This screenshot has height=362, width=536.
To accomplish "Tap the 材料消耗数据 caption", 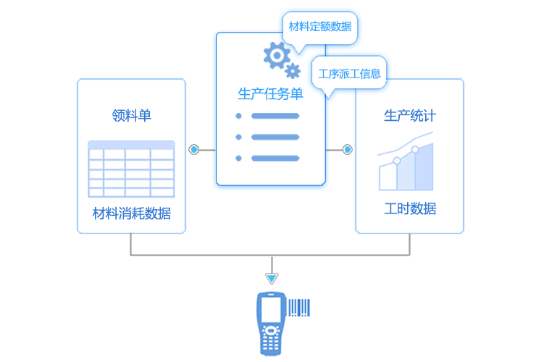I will (131, 214).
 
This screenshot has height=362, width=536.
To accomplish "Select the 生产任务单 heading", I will (270, 94).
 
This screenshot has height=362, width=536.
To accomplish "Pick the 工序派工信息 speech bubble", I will (349, 73).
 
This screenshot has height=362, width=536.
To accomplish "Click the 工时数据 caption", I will (409, 209).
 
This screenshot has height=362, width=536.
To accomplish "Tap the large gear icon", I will (275, 54).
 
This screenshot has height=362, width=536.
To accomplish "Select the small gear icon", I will (293, 70).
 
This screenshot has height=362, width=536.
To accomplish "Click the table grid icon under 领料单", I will (131, 169).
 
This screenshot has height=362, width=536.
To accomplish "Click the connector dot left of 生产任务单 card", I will (193, 150).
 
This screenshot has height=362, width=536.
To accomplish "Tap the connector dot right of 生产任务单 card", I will (347, 150).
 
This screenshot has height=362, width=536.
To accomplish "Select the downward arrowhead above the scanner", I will (271, 278).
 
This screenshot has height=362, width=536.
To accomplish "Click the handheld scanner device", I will (270, 323).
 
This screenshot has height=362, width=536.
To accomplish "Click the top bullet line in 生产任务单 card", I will (275, 116).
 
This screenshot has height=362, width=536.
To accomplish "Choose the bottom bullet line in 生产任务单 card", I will (275, 158).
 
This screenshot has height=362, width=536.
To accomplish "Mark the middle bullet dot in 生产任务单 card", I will (238, 137).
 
